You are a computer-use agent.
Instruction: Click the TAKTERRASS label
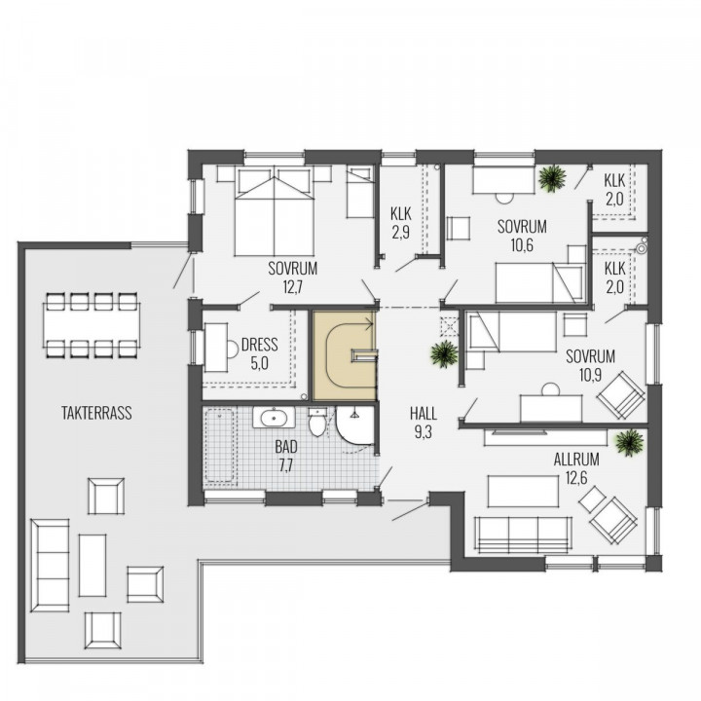[96, 413]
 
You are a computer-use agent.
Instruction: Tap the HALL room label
[423, 414]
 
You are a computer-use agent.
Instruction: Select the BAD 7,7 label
[286, 456]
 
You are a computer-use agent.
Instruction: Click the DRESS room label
[259, 345]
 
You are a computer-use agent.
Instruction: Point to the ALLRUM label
[576, 460]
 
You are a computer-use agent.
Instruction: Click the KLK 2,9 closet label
[400, 223]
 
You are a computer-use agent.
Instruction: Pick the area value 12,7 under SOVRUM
[292, 287]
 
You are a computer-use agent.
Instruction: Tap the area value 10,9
[590, 376]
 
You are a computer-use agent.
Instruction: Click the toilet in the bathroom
[317, 422]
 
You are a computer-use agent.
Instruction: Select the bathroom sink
[274, 418]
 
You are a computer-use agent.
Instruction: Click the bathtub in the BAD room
[219, 446]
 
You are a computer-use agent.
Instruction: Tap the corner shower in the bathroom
[354, 425]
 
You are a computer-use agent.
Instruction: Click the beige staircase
[345, 355]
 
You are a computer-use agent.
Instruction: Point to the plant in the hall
[444, 353]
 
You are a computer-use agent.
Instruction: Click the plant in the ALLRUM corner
[630, 443]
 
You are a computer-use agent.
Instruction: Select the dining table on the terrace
[92, 325]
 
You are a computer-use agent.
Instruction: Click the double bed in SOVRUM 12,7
[274, 211]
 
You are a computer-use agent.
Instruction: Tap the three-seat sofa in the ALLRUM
[523, 535]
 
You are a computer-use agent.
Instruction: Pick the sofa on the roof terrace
[50, 566]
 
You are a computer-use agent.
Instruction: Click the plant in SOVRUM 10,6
[553, 178]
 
